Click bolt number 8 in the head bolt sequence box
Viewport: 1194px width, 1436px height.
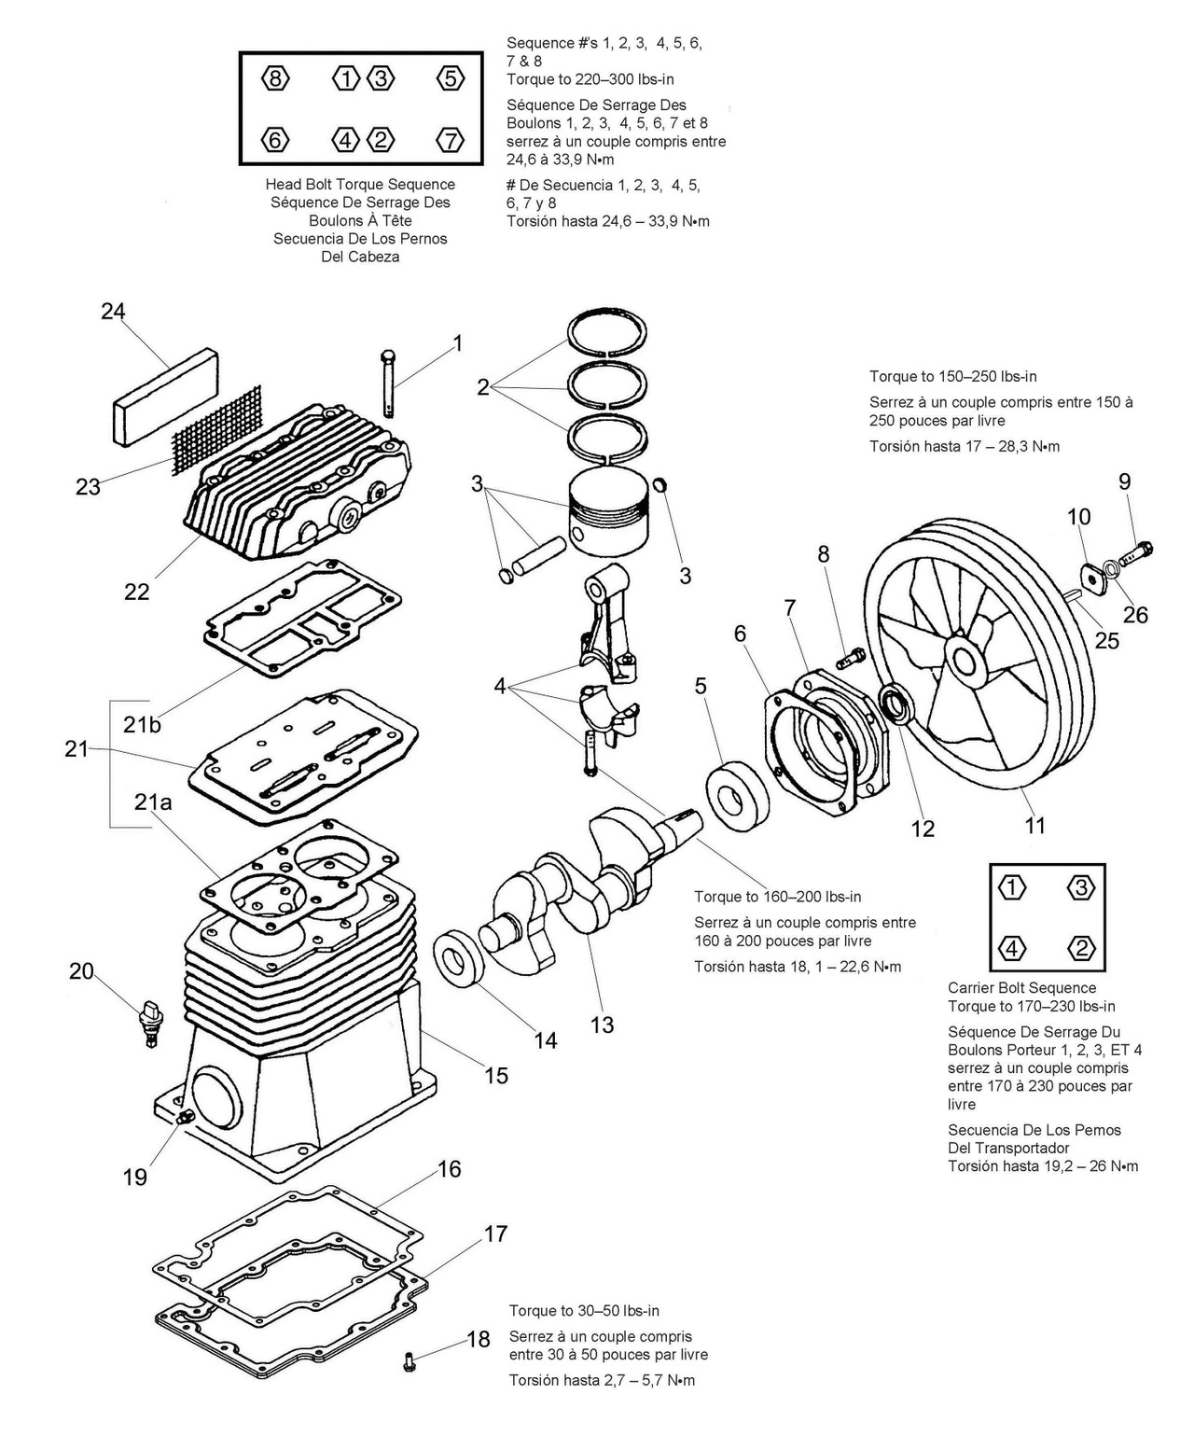(274, 78)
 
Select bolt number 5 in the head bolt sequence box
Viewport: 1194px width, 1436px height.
(450, 78)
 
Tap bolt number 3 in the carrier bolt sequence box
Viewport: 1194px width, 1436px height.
(1080, 887)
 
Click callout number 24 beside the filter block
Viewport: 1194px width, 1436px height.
(113, 312)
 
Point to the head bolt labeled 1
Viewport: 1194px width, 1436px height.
(390, 381)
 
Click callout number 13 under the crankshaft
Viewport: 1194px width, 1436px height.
(603, 1025)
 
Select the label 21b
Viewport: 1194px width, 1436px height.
(142, 724)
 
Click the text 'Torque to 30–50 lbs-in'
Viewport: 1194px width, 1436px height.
(583, 1311)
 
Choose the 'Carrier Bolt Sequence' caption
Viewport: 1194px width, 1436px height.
(1021, 988)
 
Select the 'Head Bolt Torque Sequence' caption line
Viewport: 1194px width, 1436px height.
(360, 185)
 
